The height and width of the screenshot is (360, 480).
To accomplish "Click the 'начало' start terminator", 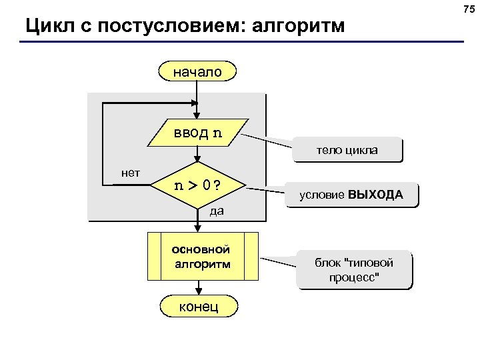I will pos(198,71).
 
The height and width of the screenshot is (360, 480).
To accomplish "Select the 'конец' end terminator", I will pos(198,305).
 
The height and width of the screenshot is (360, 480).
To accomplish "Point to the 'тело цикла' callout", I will pos(347,150).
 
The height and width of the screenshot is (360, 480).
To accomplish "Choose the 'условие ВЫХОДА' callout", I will pos(351,195).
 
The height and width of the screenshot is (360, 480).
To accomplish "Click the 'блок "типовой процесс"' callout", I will pos(354,269).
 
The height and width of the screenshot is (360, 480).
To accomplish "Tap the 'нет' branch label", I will pos(130,173).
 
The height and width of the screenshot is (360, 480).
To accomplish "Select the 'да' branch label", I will pos(216,212).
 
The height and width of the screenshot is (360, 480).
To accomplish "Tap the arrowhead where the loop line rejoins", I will pos(195,103).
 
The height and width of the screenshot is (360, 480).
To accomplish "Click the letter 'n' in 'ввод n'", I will pos(217,132).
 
